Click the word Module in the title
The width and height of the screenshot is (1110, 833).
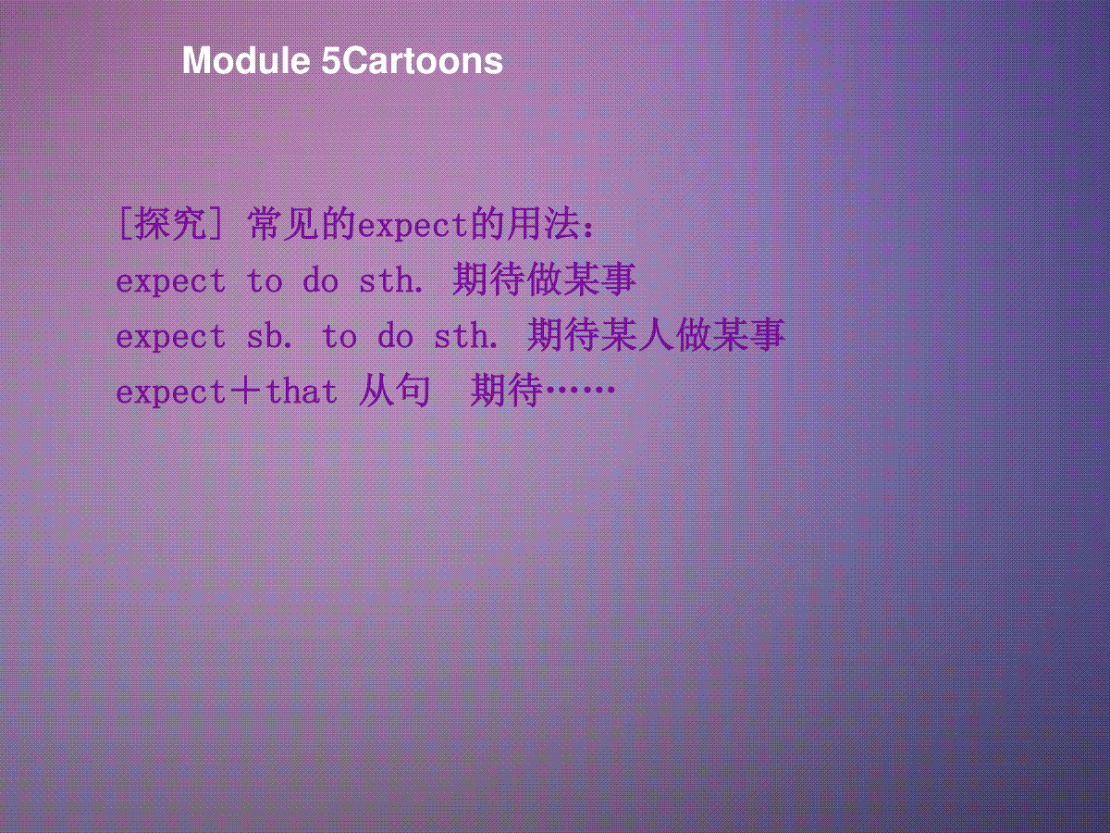pos(246,61)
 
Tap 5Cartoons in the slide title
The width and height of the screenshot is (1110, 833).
pos(412,61)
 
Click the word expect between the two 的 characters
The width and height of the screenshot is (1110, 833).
pos(413,226)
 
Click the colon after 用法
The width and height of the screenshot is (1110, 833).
pos(588,229)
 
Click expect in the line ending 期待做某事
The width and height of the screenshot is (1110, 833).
pos(171,281)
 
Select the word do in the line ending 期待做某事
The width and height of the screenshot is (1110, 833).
pos(321,280)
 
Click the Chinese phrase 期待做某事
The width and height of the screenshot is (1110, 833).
pos(544,280)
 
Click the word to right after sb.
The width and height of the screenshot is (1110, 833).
pos(339,336)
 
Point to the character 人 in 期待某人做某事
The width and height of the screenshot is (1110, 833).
pos(656,335)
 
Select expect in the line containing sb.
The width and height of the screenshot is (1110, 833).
pos(171,337)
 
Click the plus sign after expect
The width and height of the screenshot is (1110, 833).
pos(245,392)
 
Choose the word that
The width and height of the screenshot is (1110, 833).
pos(302,391)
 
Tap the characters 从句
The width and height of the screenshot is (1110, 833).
pos(395,391)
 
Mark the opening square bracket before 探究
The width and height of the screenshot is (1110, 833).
pos(124,224)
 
